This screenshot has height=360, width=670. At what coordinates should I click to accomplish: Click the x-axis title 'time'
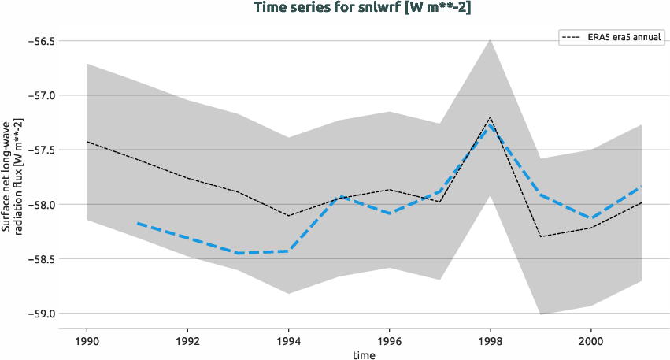(364, 354)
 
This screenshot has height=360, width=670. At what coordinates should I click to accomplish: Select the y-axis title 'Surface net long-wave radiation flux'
(11, 176)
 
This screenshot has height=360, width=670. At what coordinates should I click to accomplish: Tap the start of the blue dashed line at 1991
(137, 223)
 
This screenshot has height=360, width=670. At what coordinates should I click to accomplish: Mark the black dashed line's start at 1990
(87, 142)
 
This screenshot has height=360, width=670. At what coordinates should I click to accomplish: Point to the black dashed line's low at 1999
(541, 236)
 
